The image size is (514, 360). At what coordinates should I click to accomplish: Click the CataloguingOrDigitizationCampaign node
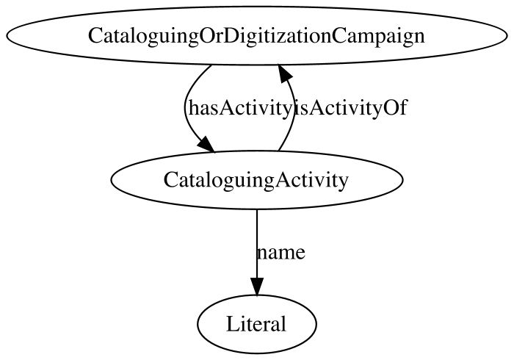[257, 36]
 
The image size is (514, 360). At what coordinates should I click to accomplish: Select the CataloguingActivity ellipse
[257, 180]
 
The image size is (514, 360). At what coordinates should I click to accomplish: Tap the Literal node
[257, 324]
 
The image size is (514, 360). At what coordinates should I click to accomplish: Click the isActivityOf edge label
[350, 108]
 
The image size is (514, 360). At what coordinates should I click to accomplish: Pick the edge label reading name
[281, 252]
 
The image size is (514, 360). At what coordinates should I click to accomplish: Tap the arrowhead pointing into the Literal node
[257, 287]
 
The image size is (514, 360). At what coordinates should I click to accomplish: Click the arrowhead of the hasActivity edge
[206, 145]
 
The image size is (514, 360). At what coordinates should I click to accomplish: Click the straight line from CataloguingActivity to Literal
[257, 244]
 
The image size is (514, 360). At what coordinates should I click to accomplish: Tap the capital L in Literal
[232, 323]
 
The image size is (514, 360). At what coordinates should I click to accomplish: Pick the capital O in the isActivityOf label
[391, 108]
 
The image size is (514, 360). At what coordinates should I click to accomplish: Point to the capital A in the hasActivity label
[226, 108]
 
